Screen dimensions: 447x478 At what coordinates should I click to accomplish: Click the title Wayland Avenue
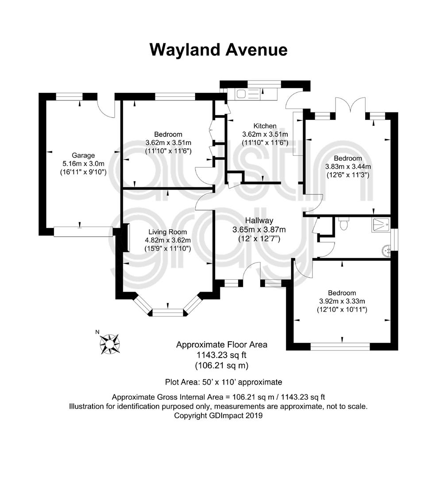click(x=218, y=50)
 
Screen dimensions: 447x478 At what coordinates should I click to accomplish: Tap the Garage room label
click(x=83, y=155)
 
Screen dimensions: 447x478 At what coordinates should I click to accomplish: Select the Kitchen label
click(x=265, y=126)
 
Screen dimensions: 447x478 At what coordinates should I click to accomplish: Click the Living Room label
click(x=167, y=232)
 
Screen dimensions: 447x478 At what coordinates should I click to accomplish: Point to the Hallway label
click(x=259, y=220)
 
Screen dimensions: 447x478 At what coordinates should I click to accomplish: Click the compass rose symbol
click(x=109, y=344)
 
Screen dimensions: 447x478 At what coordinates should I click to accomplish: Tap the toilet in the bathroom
click(x=343, y=224)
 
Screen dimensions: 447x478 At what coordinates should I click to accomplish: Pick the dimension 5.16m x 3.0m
click(x=83, y=164)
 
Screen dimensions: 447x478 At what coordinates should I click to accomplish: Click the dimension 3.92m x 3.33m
click(x=342, y=301)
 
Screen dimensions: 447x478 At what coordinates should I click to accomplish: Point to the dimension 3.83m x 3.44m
click(x=348, y=167)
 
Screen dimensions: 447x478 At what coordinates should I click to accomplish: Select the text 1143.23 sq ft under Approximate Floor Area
click(x=222, y=355)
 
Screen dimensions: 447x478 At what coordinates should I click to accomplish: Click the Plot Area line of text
click(x=223, y=382)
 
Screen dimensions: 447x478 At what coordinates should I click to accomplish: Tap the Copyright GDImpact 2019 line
click(x=218, y=416)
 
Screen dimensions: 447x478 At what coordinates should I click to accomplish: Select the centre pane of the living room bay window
click(x=168, y=312)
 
